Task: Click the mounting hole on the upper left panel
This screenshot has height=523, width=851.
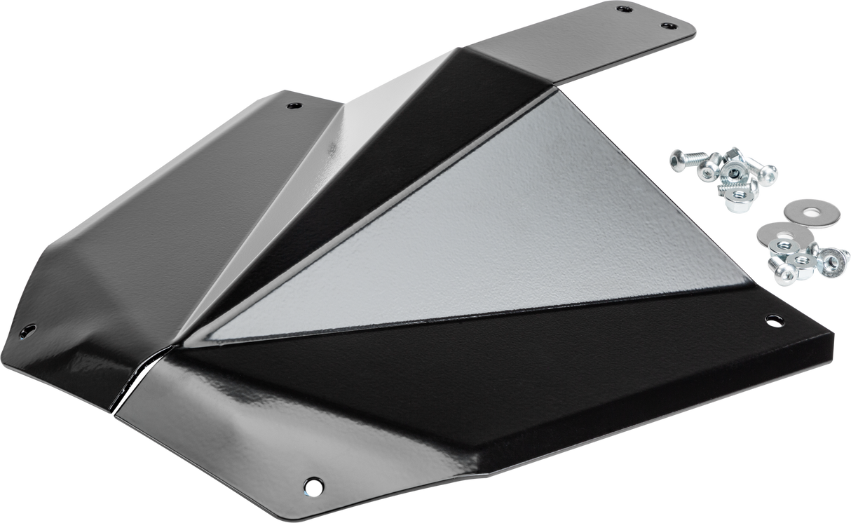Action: pyautogui.click(x=293, y=107)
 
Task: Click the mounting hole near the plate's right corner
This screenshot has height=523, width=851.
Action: pyautogui.click(x=773, y=321)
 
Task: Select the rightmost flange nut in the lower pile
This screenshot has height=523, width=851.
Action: pyautogui.click(x=833, y=260)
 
